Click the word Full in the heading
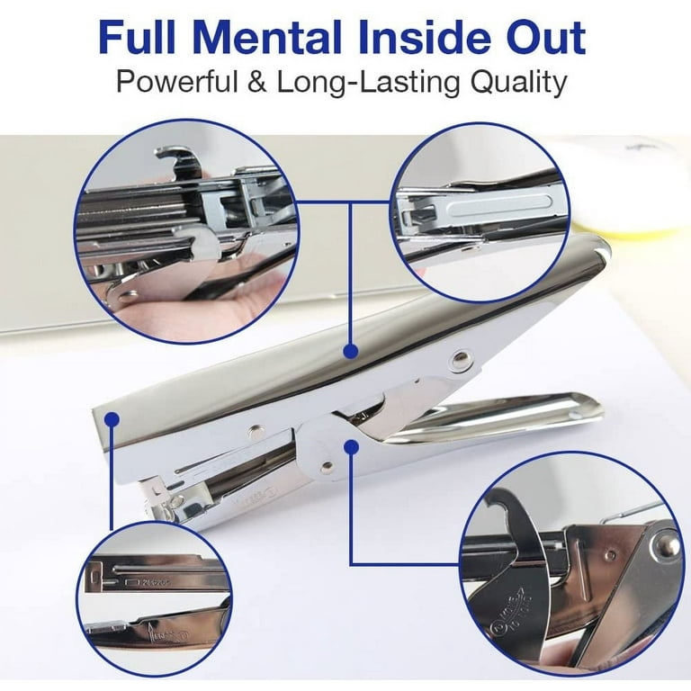tap(142, 38)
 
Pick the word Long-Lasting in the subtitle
tap(381, 83)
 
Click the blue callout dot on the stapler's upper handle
tap(351, 350)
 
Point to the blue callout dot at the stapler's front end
tap(111, 417)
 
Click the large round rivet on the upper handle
tap(462, 363)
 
